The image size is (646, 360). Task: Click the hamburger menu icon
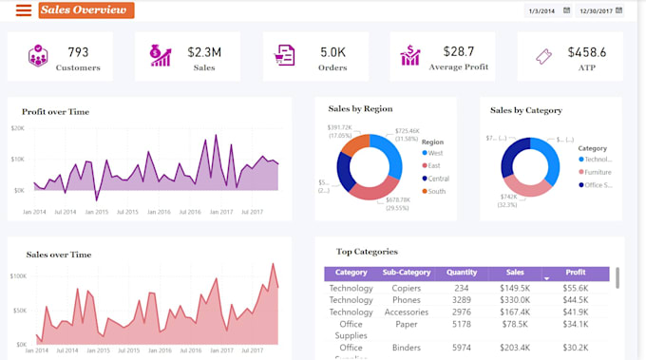23,10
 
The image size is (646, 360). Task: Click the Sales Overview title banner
85,10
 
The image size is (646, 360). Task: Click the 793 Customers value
78,51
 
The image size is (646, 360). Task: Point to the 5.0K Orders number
332,51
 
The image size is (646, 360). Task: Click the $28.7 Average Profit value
459,51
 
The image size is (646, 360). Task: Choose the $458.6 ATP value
586,51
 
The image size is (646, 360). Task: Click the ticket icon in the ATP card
543,57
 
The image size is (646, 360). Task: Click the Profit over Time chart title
55,111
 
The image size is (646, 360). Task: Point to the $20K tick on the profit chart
17,127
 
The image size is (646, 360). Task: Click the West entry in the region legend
435,153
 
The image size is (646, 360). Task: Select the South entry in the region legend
436,191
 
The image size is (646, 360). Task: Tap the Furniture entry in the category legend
598,172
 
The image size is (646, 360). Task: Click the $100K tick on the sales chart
17,276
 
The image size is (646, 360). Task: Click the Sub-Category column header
407,273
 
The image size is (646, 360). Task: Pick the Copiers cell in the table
407,288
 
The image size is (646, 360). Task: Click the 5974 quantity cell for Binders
461,348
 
